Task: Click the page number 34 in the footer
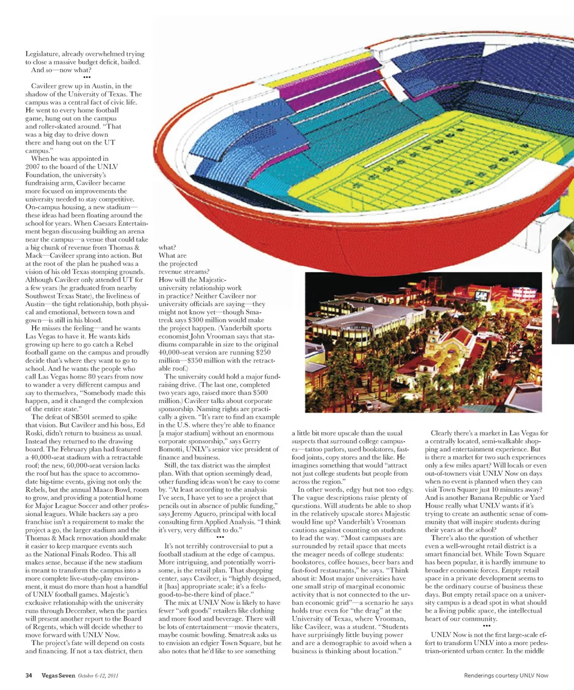[x=28, y=676]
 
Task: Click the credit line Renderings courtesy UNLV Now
[x=506, y=676]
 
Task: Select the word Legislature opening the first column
[x=45, y=54]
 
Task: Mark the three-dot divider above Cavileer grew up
[x=87, y=78]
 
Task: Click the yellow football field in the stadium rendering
[x=419, y=161]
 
